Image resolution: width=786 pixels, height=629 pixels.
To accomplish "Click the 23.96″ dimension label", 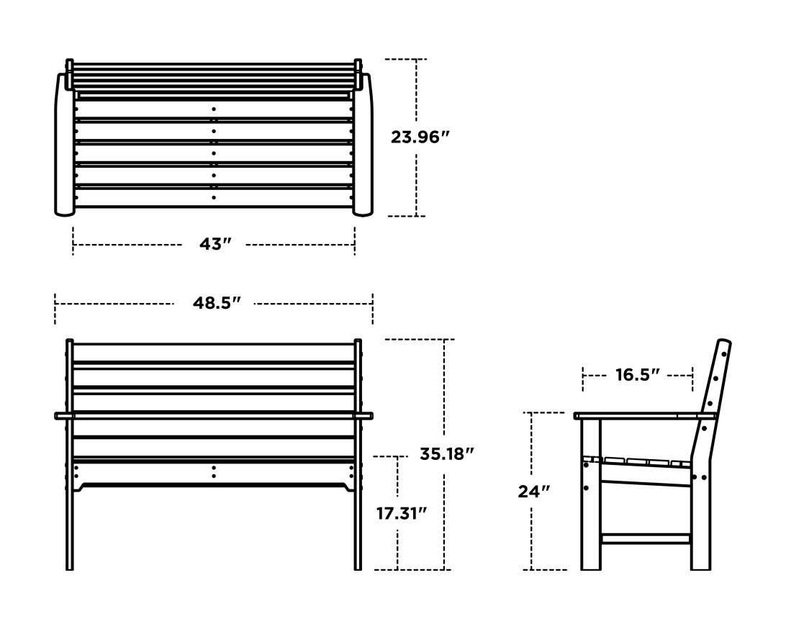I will [x=420, y=137].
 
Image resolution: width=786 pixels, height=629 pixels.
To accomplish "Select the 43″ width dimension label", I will [x=214, y=245].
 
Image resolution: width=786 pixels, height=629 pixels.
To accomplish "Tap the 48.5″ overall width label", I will [x=215, y=303].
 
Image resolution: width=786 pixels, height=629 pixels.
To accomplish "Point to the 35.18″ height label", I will [x=447, y=454].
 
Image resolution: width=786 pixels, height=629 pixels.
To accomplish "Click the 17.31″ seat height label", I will [x=401, y=513].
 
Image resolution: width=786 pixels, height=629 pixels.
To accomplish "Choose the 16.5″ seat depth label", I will [x=636, y=375].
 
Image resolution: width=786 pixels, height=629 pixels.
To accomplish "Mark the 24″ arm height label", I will [x=533, y=492].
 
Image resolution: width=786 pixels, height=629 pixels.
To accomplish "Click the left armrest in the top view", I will [x=65, y=144].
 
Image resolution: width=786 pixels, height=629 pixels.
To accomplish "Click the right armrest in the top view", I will [x=363, y=144].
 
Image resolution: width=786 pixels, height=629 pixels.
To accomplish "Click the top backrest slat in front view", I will [x=214, y=352].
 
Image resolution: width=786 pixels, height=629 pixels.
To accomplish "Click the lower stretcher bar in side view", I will [x=645, y=538].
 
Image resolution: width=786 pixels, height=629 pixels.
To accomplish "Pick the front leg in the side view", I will [x=590, y=504].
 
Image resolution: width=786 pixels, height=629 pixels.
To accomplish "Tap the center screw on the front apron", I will [x=214, y=471].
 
